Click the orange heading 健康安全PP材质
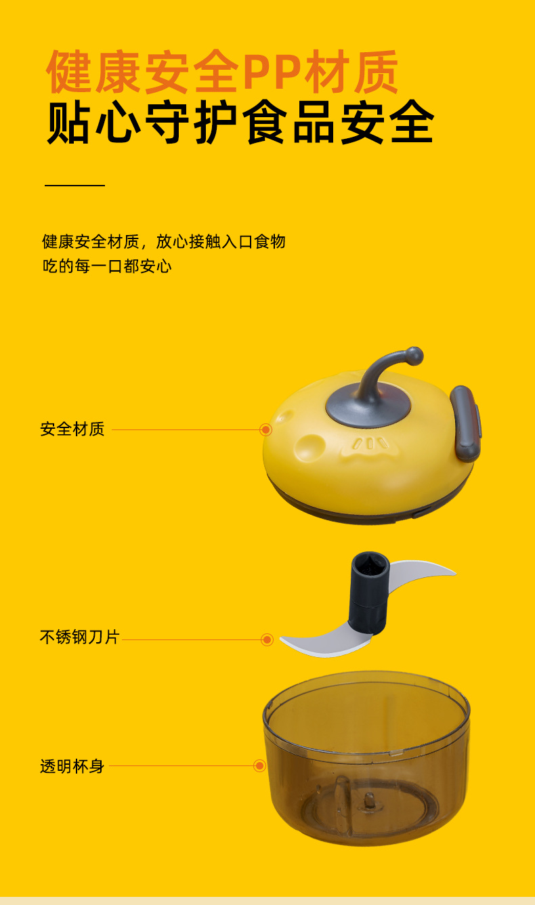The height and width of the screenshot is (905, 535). [x=223, y=72]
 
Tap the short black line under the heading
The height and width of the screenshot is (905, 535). [x=74, y=185]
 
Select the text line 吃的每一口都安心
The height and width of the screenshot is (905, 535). [x=107, y=266]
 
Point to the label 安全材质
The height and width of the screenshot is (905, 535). [x=72, y=429]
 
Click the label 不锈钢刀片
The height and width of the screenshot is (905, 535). [x=79, y=637]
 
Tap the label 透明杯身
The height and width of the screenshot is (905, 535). [x=72, y=767]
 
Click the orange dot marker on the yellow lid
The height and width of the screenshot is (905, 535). [x=266, y=429]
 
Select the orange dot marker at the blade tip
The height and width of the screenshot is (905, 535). [x=267, y=639]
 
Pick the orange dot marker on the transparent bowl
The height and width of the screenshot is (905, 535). [x=259, y=766]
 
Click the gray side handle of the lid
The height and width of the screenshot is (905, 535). [x=465, y=423]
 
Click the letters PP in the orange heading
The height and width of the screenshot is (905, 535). [x=272, y=72]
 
